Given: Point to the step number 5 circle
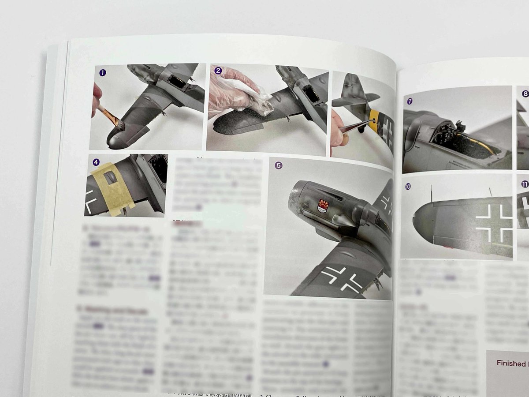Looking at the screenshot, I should [278, 165].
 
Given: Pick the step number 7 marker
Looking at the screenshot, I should [410, 101].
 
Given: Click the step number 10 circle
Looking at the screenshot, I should [408, 186].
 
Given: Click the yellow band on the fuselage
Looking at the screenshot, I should [375, 119].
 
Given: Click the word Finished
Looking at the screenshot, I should [511, 363].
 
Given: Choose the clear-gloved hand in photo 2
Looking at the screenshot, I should [229, 93].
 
